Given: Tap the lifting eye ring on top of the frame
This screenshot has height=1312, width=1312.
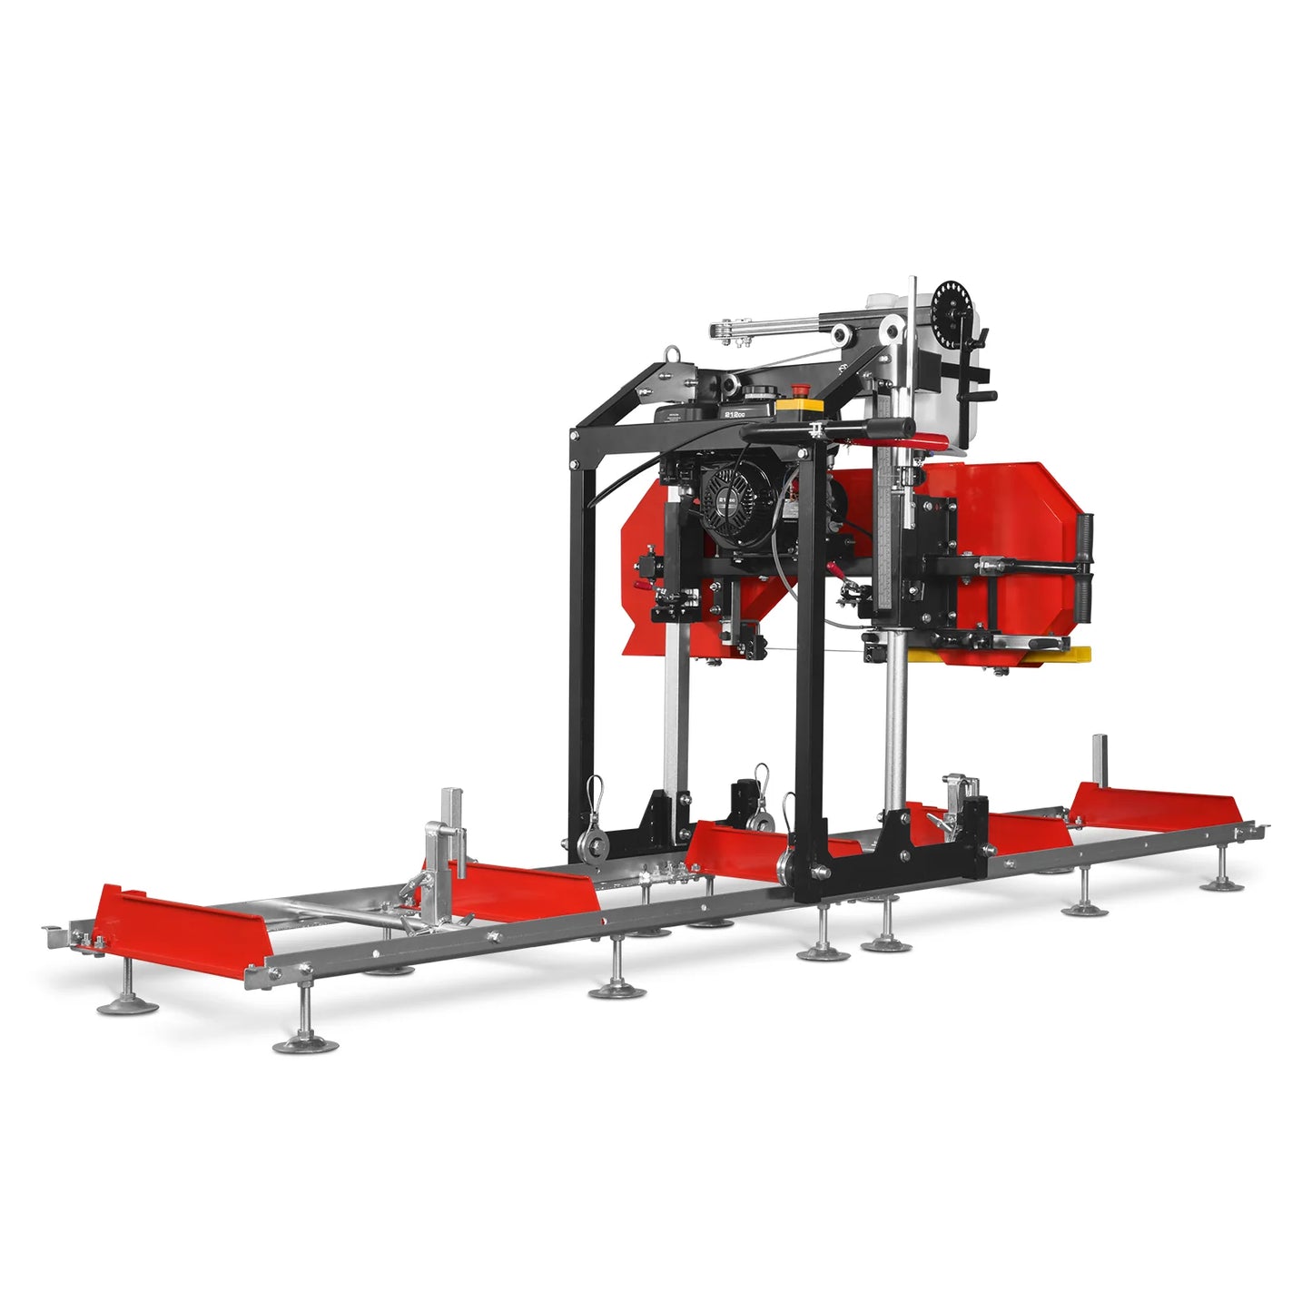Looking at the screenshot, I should pos(673,355).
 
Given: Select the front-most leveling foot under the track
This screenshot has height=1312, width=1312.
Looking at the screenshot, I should pos(305,1044).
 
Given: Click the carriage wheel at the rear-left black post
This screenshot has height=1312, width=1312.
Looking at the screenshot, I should pos(595,849).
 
